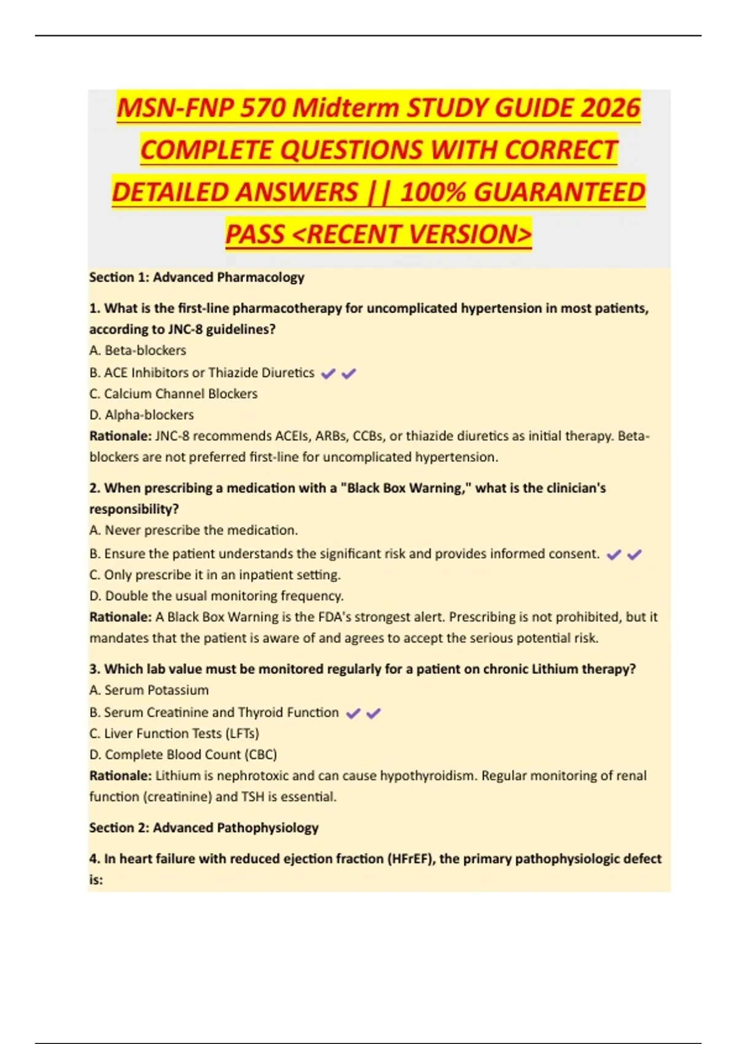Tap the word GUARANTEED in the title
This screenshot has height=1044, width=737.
[559, 192]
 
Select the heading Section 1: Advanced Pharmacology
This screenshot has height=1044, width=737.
[197, 277]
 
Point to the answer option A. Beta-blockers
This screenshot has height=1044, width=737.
[138, 351]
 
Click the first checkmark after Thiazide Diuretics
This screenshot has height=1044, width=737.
[328, 373]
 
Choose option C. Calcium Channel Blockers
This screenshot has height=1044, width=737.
[173, 394]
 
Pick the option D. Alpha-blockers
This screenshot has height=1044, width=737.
[141, 415]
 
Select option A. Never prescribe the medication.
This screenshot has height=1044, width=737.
[193, 530]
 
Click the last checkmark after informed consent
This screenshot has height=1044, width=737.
[634, 555]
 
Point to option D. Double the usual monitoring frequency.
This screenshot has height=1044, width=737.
[216, 596]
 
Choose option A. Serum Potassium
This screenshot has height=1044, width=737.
[149, 690]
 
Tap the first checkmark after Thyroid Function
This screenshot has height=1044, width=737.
[353, 714]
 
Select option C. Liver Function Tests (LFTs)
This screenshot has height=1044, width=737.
[174, 733]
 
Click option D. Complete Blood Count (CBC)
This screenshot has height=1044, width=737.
[183, 755]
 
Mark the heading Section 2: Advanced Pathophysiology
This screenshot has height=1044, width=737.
[204, 828]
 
